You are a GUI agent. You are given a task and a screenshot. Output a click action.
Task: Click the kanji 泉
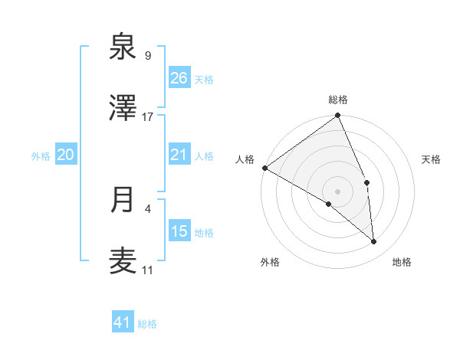(x=123, y=47)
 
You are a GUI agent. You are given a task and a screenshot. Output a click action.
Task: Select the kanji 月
(x=123, y=201)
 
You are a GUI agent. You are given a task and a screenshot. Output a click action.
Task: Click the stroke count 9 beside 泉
(x=147, y=56)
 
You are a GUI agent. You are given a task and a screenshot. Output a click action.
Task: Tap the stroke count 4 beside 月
(x=147, y=208)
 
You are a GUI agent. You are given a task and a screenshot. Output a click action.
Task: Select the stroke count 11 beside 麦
(x=147, y=270)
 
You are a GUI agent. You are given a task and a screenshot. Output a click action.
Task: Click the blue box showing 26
(x=179, y=78)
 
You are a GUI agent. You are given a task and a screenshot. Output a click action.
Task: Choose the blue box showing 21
(x=179, y=155)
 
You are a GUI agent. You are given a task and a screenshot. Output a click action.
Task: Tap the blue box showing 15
(x=179, y=231)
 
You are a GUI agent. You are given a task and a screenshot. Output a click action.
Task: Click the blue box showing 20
(x=66, y=155)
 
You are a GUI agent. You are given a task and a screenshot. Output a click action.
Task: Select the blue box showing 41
(x=123, y=322)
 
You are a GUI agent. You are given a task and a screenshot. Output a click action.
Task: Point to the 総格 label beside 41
(x=147, y=324)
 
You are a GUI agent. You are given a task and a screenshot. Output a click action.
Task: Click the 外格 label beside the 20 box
(x=41, y=156)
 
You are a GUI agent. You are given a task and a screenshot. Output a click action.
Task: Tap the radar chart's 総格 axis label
(x=338, y=100)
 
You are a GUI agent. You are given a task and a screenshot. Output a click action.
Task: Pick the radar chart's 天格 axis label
(x=432, y=159)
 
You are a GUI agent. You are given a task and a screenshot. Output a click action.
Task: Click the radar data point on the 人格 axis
(x=264, y=168)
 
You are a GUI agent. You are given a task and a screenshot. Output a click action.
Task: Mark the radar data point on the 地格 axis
(x=374, y=242)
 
